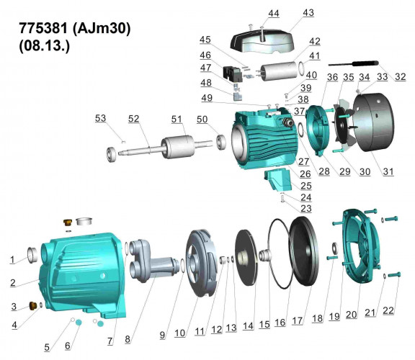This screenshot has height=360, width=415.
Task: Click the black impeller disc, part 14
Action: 248,256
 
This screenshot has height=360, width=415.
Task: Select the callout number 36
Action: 311,78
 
